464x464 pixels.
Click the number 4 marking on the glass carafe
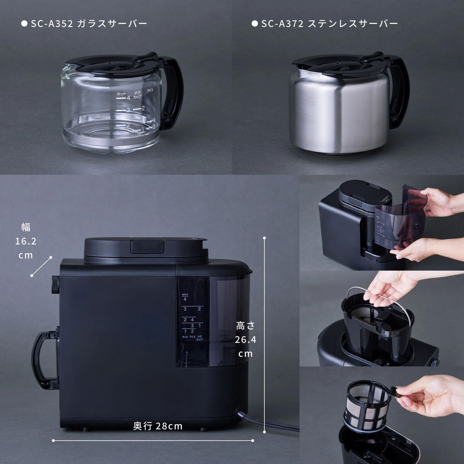pos(128,98)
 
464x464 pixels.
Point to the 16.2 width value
pos(26,242)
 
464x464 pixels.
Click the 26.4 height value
pos(245,339)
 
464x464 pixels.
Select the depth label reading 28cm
pos(158,426)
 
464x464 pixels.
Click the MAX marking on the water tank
pos(185,295)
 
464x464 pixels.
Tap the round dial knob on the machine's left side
pos(55,285)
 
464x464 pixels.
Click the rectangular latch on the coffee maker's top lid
pos(147,246)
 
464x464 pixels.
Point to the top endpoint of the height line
pos(264,237)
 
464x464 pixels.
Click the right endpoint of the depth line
pos(252,440)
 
